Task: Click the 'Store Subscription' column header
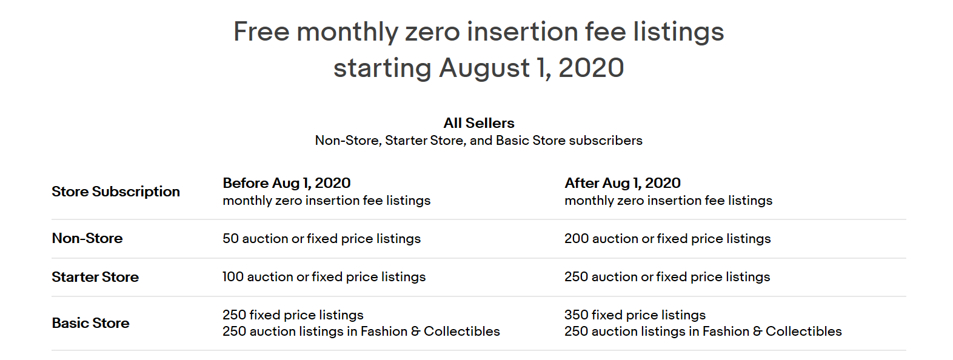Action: (x=116, y=192)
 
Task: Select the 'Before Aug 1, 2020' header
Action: (x=286, y=183)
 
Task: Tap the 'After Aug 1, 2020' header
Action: (x=623, y=183)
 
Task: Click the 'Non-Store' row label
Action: (x=87, y=238)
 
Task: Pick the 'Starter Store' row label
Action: (x=95, y=277)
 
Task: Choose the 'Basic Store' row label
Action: (x=90, y=323)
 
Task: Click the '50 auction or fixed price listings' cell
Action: (x=322, y=238)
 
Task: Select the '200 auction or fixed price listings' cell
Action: (x=667, y=238)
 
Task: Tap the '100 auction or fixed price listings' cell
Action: (x=324, y=276)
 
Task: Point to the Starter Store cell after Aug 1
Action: (x=667, y=276)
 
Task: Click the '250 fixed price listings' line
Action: (x=293, y=315)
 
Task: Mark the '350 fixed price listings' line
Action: (x=635, y=315)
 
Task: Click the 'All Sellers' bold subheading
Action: (x=479, y=123)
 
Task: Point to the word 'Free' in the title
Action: (x=261, y=32)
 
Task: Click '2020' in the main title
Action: (x=591, y=68)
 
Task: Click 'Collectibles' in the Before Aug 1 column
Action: (x=462, y=331)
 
